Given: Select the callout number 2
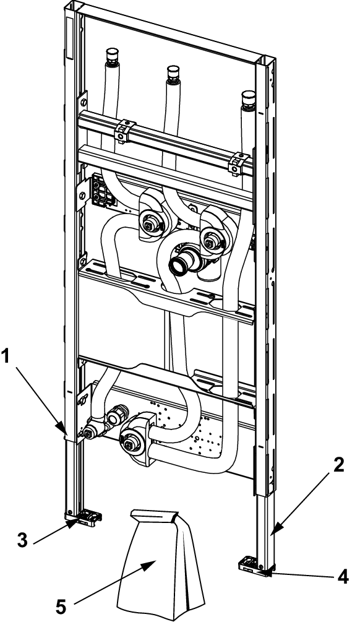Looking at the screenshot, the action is [x=338, y=465].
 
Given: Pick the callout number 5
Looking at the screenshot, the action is [x=61, y=607].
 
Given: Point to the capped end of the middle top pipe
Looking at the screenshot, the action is [x=174, y=73].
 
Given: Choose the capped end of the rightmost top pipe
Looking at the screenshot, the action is [x=249, y=98].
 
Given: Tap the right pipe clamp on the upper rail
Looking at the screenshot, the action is [x=239, y=163].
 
